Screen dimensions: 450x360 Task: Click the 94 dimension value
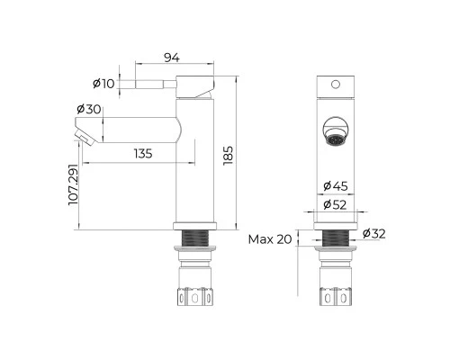click(x=172, y=58)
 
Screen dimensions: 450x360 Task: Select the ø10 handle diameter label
click(x=103, y=84)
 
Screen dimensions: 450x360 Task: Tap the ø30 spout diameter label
click(x=89, y=109)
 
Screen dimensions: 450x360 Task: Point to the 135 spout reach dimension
click(x=143, y=154)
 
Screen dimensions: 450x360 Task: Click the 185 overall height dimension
click(x=229, y=156)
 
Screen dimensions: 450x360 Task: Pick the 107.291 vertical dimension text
click(x=73, y=184)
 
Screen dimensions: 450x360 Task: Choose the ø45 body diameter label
click(x=336, y=186)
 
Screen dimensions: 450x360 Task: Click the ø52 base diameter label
click(x=335, y=205)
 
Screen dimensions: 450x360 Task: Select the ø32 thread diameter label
click(x=373, y=233)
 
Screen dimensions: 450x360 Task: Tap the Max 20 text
click(x=270, y=239)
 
